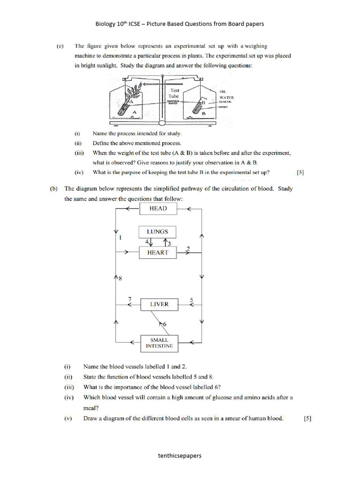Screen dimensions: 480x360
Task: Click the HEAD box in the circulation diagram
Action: pos(158,209)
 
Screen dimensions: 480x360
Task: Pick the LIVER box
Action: pos(159,304)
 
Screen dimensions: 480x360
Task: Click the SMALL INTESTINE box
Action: pos(159,343)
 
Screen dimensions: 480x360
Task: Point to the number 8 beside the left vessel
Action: pos(120,279)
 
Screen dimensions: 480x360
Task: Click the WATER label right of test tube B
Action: pos(226,97)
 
